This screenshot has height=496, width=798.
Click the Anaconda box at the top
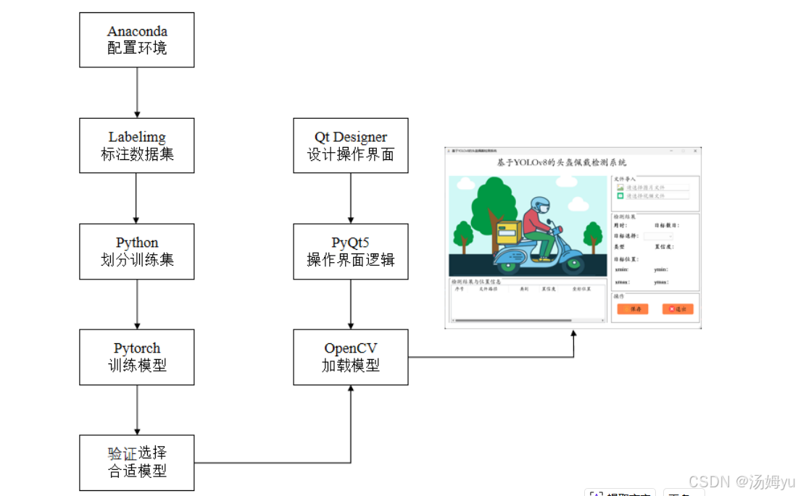(137, 41)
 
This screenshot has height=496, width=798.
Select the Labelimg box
(137, 146)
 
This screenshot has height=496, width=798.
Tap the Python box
(137, 251)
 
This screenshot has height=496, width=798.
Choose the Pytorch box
(137, 357)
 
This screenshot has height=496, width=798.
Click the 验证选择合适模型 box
(137, 463)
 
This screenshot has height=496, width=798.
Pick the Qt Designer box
(351, 146)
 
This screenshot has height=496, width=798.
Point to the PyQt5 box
(351, 251)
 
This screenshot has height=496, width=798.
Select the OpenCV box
(351, 357)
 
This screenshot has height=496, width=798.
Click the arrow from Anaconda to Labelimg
(137, 93)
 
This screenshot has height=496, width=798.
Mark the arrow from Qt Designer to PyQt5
(351, 198)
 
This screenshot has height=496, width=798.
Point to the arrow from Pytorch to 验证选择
(137, 410)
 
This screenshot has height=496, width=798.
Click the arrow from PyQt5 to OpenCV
(351, 304)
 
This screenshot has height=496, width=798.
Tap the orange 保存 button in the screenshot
(633, 309)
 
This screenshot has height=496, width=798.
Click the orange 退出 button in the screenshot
(678, 309)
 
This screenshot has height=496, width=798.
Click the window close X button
(695, 151)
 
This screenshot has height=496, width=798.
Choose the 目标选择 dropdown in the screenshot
(659, 236)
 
